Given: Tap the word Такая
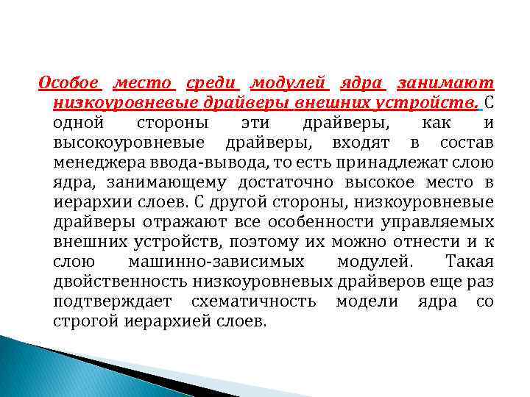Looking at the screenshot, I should point(470,261).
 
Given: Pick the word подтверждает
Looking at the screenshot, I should point(113,301).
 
